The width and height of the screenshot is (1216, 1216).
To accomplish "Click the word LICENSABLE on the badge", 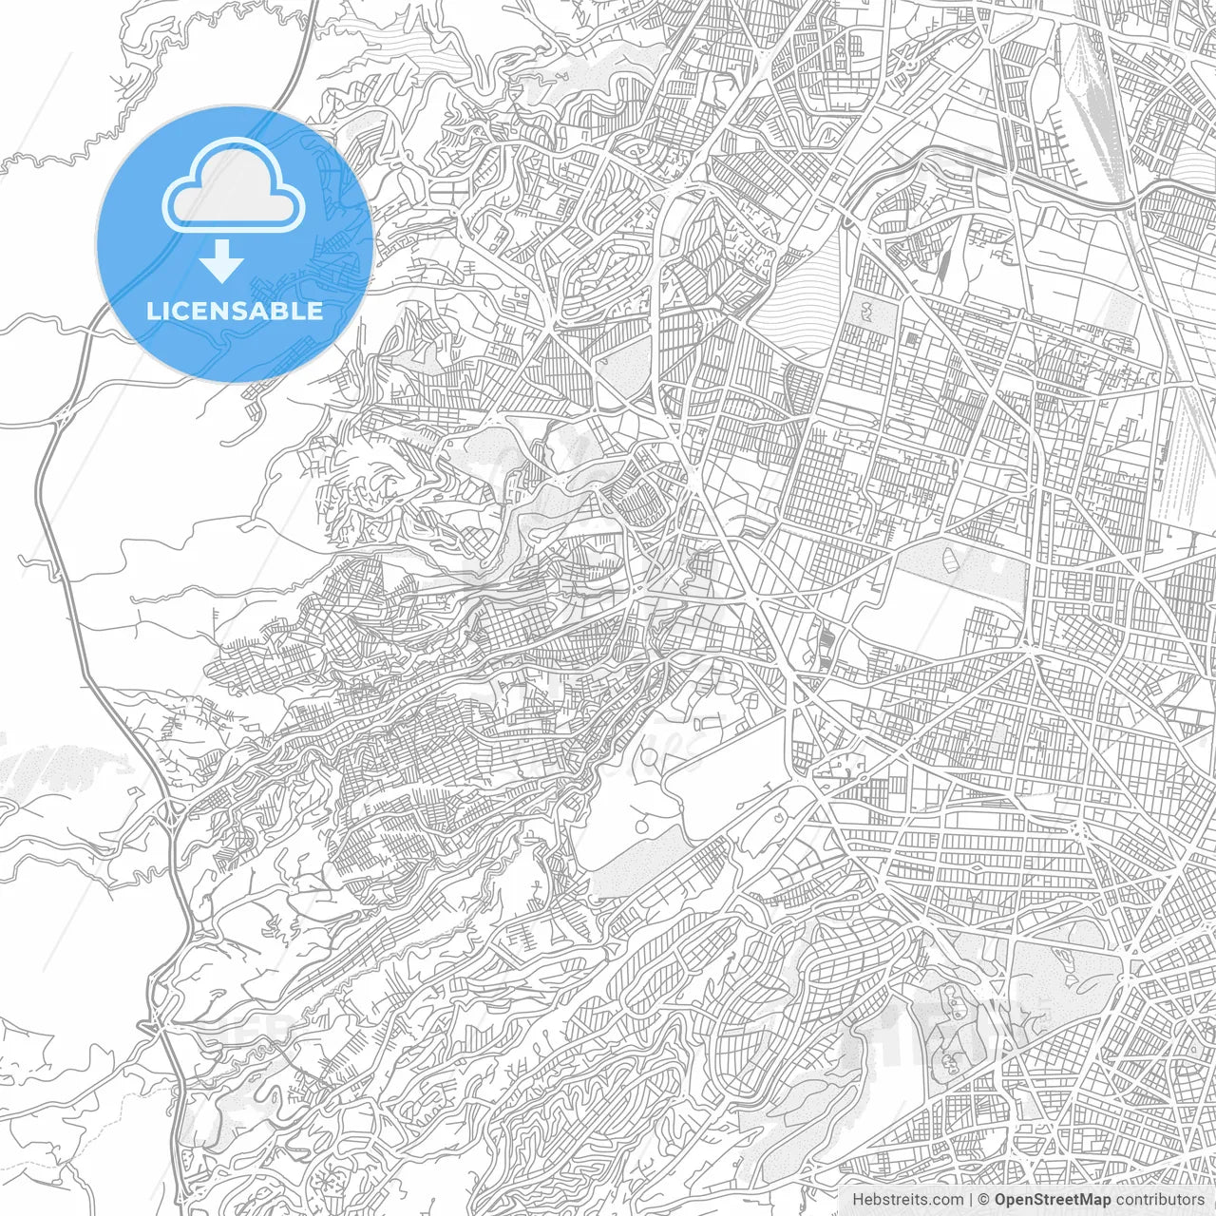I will (x=235, y=311).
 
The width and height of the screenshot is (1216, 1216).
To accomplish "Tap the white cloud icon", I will (x=234, y=188).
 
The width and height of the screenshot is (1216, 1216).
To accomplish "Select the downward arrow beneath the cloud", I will (x=222, y=261).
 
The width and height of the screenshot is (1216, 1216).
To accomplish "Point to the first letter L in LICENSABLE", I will (x=153, y=311).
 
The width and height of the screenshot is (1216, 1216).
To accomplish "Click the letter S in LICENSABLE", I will (x=247, y=311).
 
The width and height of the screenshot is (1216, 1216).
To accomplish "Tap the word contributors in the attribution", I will (x=1159, y=1200).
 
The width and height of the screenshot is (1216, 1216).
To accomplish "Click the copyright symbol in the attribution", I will (x=985, y=1200).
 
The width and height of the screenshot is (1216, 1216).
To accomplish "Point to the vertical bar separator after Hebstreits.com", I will (x=971, y=1200).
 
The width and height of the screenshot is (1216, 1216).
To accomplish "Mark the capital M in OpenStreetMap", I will (x=1089, y=1200).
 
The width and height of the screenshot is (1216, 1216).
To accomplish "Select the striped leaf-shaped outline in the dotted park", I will (x=951, y=555).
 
